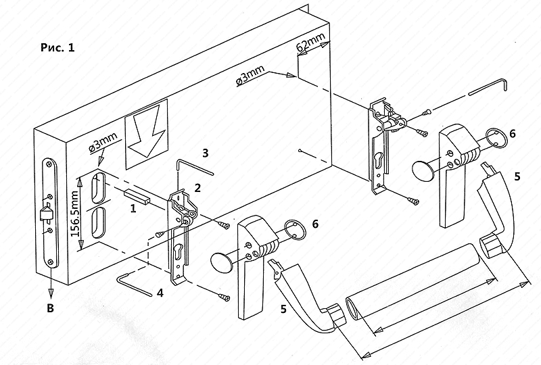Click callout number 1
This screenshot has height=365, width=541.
pos(133,210)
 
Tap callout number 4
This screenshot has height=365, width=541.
pos(160,293)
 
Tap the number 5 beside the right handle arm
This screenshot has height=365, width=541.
pos(517,177)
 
